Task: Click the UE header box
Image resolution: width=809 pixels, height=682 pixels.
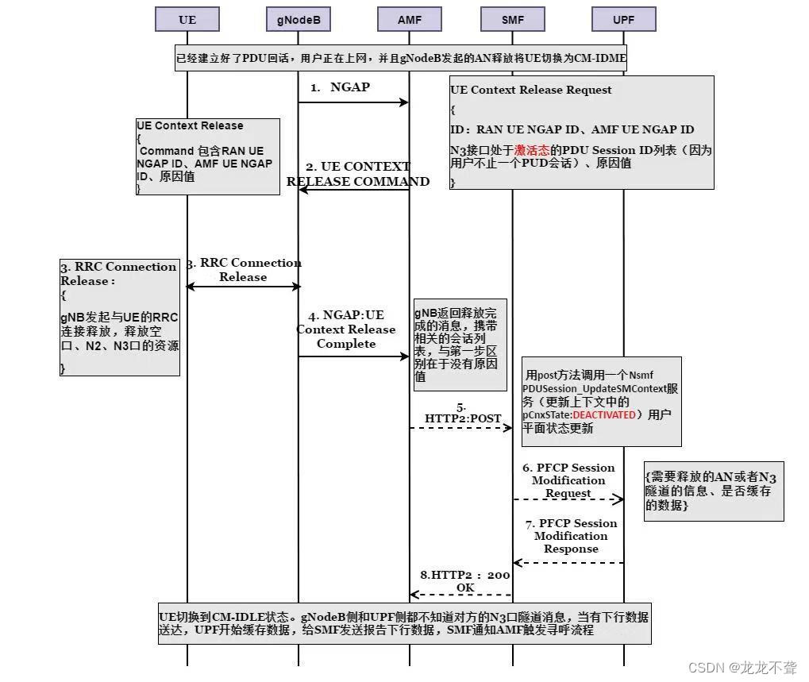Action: coord(187,20)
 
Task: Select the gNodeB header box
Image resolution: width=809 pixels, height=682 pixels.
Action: coord(299,20)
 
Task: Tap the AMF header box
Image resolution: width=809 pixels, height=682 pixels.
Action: coord(410,20)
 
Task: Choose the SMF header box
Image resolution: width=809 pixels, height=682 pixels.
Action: coord(513,20)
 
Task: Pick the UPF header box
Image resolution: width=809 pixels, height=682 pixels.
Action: coord(624,20)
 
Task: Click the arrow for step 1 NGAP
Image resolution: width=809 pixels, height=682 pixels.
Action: coord(353,102)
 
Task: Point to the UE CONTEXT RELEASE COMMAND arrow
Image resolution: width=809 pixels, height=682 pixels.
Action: coord(353,190)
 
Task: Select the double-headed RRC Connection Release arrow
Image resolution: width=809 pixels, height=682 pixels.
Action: coord(243,287)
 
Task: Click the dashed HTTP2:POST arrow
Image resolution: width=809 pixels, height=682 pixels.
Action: coord(461,428)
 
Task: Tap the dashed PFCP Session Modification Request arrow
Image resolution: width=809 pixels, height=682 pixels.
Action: coord(568,499)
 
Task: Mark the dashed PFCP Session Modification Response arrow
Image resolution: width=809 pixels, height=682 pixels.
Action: coord(568,563)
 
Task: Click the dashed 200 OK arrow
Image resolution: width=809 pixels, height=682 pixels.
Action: coord(461,595)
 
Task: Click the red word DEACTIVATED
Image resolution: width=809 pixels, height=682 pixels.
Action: coord(604,414)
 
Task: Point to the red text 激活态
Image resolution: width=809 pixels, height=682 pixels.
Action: coord(532,150)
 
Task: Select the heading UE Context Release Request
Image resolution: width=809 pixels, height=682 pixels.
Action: coord(531,90)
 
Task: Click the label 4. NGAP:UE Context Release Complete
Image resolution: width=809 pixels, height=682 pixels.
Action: coord(346,329)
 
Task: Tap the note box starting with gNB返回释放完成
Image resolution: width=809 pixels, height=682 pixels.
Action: coord(460,345)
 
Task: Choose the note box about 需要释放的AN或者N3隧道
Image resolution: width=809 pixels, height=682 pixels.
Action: coord(713,491)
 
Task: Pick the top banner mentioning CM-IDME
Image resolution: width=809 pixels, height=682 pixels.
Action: coord(400,57)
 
